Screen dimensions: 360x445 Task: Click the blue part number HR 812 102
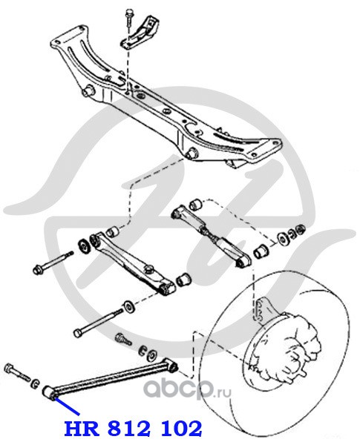tap(134, 429)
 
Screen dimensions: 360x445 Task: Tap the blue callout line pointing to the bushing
tap(67, 407)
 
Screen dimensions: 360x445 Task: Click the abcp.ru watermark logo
tap(187, 389)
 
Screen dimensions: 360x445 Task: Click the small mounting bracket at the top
tap(140, 34)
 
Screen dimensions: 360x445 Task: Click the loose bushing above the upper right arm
tap(195, 204)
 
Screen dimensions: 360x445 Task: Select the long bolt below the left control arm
tap(99, 322)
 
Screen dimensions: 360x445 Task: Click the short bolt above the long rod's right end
tap(122, 339)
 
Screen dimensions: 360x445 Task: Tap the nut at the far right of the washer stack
tap(300, 229)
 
